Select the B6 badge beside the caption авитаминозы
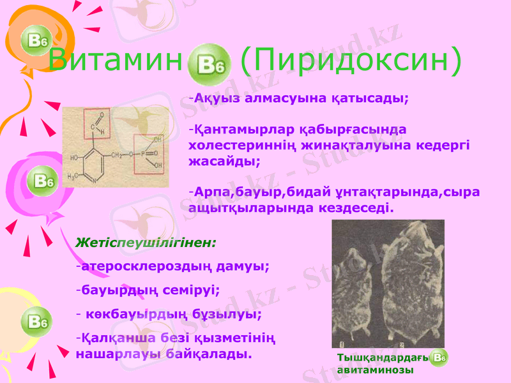click(439, 358)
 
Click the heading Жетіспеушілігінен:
click(146, 243)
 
